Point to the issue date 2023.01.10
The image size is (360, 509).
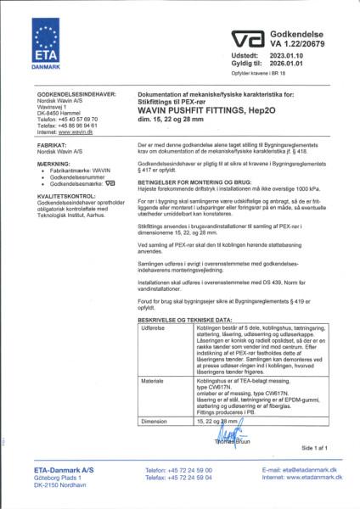289,53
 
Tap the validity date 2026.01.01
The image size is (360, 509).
289,62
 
